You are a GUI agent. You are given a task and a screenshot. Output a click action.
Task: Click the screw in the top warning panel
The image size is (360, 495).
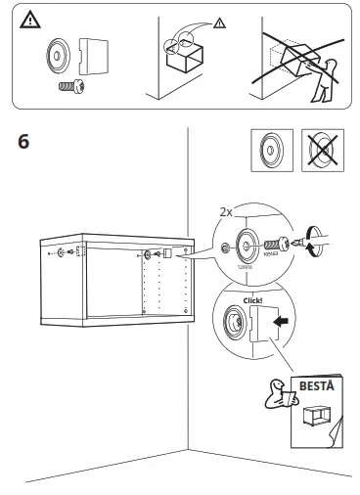(67, 86)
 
